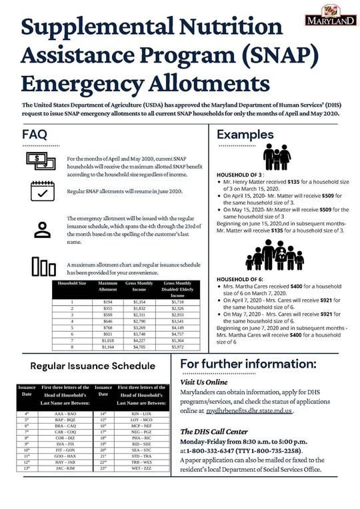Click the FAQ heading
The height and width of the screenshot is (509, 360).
(35, 135)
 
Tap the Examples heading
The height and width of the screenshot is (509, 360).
(245, 135)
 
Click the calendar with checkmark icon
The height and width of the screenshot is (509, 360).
(42, 190)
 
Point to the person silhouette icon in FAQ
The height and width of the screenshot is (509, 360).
(42, 229)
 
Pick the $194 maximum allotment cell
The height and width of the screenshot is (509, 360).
(107, 302)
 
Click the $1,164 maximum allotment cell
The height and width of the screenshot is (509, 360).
(107, 347)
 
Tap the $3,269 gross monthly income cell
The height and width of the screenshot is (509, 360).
(139, 328)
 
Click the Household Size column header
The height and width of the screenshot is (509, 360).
(72, 284)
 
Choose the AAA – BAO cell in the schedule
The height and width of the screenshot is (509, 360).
(66, 414)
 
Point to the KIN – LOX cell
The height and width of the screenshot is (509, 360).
(141, 414)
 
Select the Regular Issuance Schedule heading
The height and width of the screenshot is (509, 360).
(93, 366)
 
